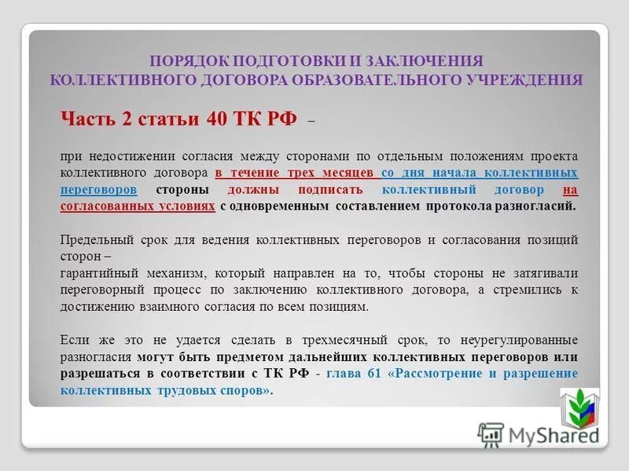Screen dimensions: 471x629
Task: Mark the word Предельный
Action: click(96, 239)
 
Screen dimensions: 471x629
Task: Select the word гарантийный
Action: click(99, 273)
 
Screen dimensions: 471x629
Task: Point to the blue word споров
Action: click(234, 390)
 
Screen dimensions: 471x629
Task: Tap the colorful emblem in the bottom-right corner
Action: click(579, 405)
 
